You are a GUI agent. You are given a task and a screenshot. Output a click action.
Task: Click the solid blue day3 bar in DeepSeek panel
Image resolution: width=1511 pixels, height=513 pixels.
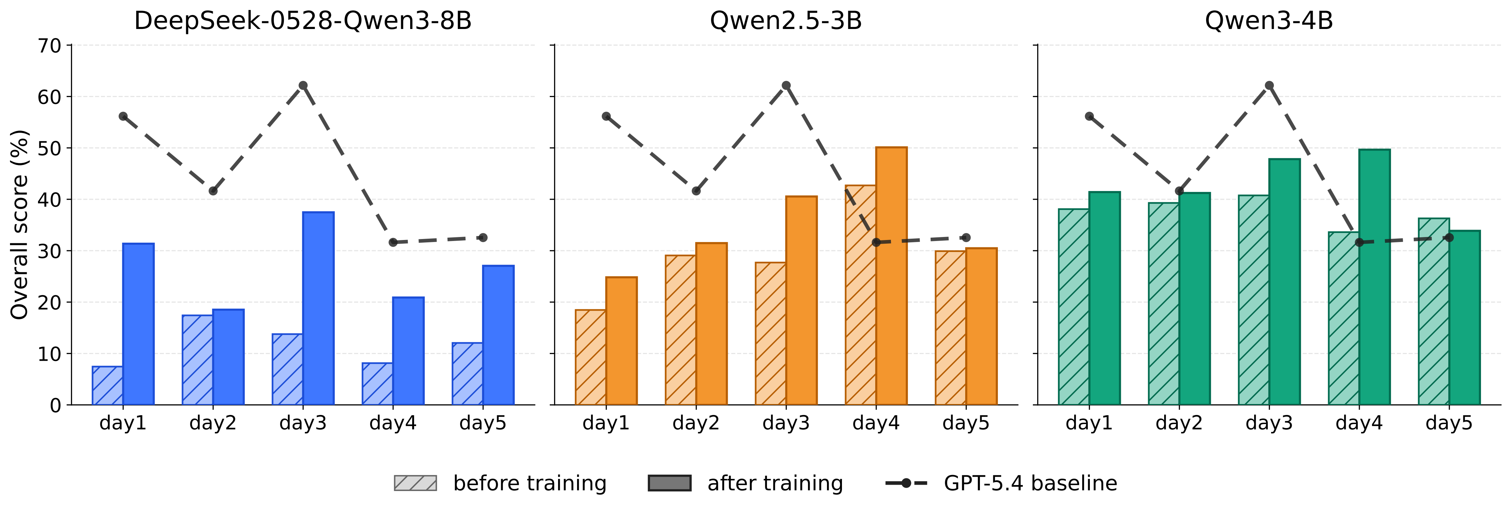319,308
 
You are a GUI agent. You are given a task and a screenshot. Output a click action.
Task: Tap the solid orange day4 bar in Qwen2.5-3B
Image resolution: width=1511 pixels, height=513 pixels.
892,276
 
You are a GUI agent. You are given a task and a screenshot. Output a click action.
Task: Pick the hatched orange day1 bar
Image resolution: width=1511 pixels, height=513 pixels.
591,357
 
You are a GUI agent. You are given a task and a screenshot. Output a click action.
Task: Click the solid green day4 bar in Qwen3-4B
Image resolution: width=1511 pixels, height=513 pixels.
1374,277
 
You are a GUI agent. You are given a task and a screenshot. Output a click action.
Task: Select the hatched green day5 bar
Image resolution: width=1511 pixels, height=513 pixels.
1434,312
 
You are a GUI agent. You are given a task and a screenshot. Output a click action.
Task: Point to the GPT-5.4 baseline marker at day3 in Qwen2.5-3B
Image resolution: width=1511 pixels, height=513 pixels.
786,86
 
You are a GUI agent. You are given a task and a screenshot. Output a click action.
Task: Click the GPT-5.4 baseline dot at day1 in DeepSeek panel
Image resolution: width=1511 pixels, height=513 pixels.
123,116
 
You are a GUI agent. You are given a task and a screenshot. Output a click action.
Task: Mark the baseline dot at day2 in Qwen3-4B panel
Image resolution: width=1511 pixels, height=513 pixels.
1179,191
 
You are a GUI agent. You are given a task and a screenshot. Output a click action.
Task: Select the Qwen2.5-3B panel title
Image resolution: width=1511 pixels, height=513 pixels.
786,21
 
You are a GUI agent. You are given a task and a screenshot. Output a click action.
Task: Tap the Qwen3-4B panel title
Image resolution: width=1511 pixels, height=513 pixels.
1269,21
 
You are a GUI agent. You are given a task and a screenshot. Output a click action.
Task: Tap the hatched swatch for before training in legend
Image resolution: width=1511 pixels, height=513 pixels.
415,483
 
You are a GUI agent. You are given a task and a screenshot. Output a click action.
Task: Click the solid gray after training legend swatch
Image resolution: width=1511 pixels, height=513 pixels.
669,483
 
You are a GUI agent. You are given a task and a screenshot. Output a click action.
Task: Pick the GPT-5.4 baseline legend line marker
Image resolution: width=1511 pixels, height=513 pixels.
906,483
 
